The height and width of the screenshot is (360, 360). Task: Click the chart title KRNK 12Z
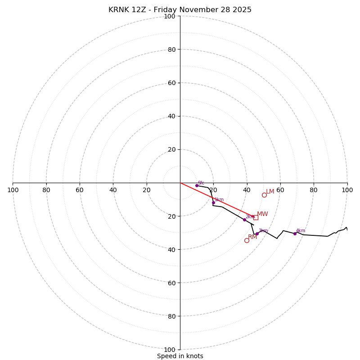pos(180,10)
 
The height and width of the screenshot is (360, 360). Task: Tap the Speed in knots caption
pos(180,356)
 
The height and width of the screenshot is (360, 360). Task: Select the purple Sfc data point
pos(197,185)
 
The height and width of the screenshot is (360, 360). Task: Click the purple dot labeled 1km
pos(213,202)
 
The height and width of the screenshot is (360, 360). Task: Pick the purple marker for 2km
pos(244,220)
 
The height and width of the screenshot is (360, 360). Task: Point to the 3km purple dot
pos(257,234)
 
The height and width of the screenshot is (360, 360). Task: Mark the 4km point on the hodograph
pos(295,234)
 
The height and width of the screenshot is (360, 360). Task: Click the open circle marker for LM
pos(264,195)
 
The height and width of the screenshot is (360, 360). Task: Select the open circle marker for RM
pos(247,240)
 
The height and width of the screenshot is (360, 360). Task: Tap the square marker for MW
pos(256,217)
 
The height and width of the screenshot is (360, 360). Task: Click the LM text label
pos(270,192)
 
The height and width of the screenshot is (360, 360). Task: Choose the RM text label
pos(252,237)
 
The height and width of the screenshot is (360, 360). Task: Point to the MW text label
pos(262,214)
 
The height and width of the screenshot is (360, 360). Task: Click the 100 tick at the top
pos(170,16)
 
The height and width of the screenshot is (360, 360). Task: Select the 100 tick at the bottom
pos(170,350)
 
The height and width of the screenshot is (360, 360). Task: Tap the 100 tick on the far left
pos(13,190)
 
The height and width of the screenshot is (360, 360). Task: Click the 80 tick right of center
pos(313,190)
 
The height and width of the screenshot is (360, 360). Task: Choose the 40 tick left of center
pos(113,190)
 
